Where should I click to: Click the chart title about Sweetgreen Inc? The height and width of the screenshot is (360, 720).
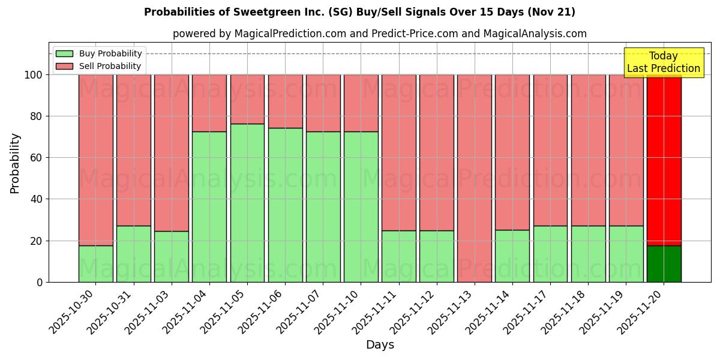[x=359, y=12]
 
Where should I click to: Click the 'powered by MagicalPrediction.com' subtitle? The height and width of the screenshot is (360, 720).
[x=379, y=34]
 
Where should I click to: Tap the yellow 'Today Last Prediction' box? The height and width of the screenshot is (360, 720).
[x=663, y=62]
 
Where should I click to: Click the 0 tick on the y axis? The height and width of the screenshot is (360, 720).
[x=40, y=282]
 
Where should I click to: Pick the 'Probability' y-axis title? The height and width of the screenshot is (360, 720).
[x=15, y=163]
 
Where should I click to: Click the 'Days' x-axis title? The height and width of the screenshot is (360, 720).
[x=380, y=345]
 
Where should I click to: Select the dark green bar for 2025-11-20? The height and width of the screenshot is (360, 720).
[x=664, y=264]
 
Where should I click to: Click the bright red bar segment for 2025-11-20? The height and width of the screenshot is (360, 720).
[x=664, y=160]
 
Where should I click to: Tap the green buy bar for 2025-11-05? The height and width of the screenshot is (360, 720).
[x=247, y=203]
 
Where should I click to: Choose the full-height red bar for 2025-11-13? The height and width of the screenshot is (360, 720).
[x=475, y=178]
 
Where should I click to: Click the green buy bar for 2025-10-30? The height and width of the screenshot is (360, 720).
[x=96, y=264]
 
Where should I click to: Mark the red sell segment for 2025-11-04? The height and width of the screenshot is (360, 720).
[x=209, y=103]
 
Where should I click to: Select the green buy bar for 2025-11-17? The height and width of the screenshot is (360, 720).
[x=550, y=254]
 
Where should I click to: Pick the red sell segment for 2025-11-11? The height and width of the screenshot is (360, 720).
[x=399, y=152]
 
